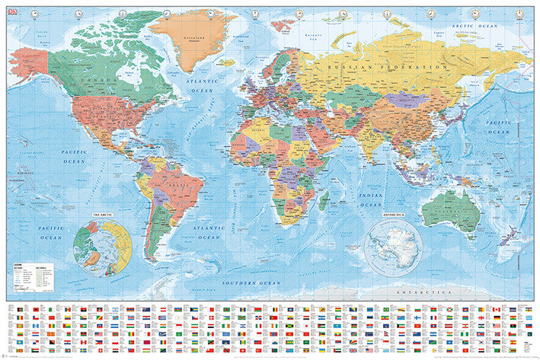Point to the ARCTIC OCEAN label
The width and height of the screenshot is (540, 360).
coord(474,27)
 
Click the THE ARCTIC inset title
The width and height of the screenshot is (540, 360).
coord(101,215)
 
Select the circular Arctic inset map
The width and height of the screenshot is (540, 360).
coord(101,247)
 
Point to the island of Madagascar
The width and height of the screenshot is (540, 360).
coord(324,199)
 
